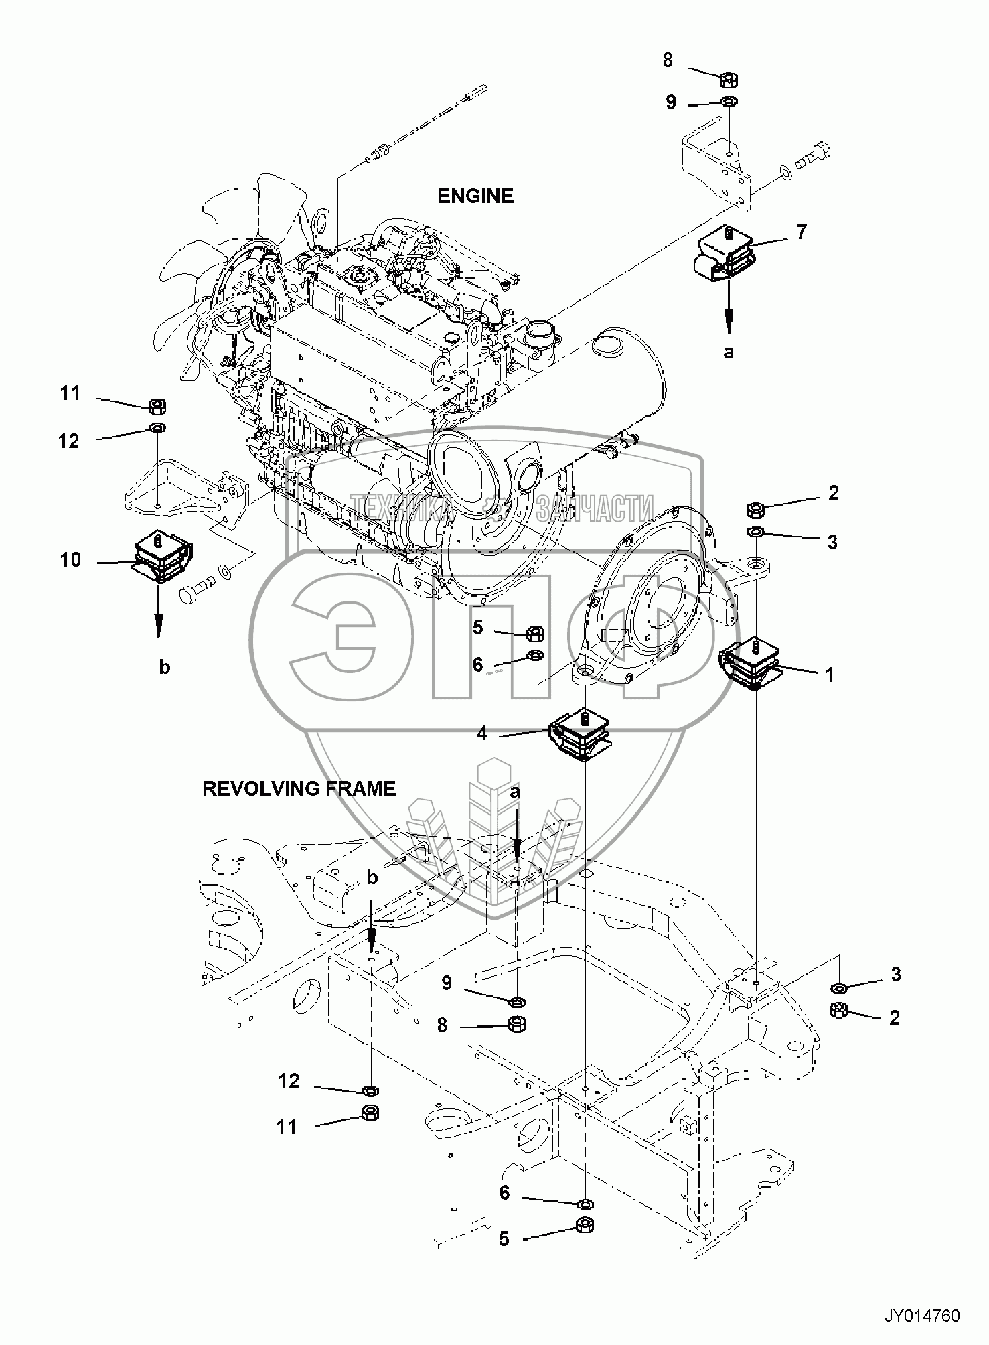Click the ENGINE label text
(475, 196)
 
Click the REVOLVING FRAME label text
(299, 788)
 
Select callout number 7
(801, 232)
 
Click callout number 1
(829, 675)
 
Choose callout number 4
(482, 733)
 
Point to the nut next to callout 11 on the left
(158, 405)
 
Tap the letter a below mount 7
(729, 352)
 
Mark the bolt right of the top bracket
(813, 157)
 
